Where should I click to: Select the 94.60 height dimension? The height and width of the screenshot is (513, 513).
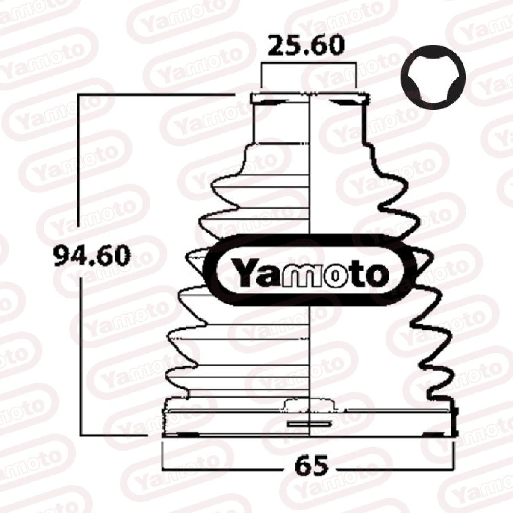(92, 255)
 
